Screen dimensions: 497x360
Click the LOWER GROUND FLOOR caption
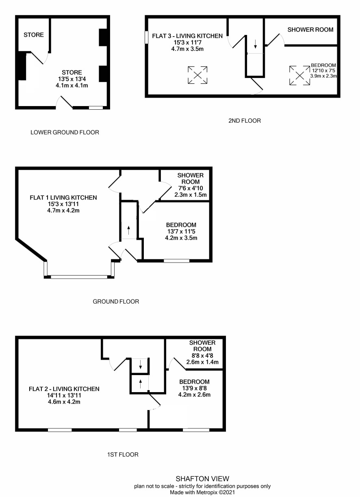coord(65,132)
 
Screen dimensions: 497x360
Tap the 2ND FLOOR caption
coord(245,120)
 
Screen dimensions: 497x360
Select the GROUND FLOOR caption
coord(116,302)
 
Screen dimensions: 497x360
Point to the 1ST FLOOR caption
coord(120,454)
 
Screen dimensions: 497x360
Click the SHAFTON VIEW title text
coord(202,479)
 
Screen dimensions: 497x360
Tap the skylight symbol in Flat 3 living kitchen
coord(197,75)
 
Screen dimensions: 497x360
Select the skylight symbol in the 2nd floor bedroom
coord(299,76)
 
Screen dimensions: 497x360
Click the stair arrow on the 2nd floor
coord(256,43)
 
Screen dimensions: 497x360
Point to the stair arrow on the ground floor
coord(129,230)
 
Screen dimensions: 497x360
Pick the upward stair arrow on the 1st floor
coord(140,383)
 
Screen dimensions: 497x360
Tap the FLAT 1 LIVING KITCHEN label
coord(63,197)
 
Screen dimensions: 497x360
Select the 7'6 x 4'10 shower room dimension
coord(190,189)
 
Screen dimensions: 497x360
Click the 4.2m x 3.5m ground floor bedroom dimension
coord(181,238)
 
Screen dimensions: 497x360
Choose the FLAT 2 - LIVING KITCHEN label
coord(64,389)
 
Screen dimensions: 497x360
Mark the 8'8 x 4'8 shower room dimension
coord(202,356)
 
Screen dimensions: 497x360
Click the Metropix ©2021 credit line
coord(202,492)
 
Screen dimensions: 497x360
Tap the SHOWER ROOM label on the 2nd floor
coord(310,30)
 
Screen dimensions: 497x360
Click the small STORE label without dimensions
coord(34,35)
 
